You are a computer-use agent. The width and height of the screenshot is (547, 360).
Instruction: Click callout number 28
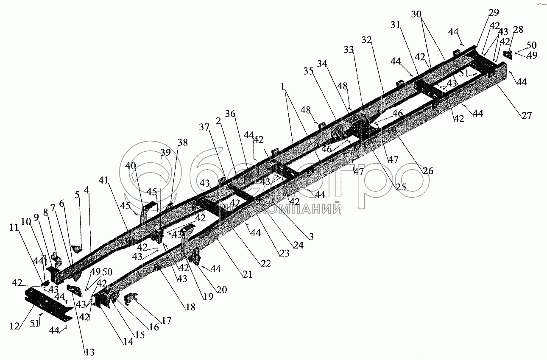[518, 29]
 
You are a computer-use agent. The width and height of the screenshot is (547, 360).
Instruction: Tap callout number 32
[366, 40]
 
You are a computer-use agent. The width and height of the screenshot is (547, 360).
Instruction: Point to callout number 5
[77, 195]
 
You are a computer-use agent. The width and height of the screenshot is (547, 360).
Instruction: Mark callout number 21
[247, 275]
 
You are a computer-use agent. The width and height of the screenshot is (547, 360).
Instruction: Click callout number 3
[311, 237]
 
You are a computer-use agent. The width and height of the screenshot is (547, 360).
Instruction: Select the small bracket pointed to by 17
[131, 301]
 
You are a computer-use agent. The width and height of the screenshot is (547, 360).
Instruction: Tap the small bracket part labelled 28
[508, 55]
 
